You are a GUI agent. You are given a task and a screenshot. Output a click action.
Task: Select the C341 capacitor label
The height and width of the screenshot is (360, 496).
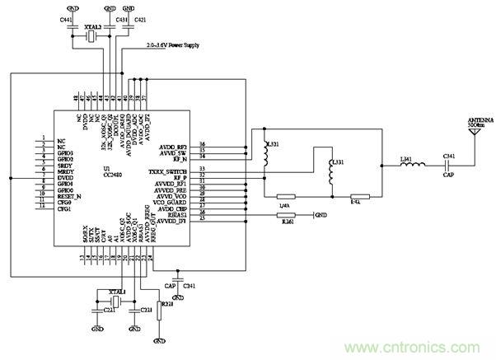pyautogui.click(x=449, y=157)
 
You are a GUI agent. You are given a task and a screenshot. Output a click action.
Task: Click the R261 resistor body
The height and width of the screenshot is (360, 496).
pyautogui.click(x=285, y=217)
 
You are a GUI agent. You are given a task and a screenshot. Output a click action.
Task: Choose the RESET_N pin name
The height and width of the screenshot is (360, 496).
pyautogui.click(x=71, y=197)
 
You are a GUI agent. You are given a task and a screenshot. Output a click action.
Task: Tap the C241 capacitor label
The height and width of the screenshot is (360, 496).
pyautogui.click(x=190, y=285)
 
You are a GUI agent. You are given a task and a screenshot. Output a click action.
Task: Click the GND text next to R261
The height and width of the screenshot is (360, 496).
pyautogui.click(x=322, y=217)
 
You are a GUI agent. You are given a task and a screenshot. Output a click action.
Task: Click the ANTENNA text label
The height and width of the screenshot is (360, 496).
pyautogui.click(x=481, y=120)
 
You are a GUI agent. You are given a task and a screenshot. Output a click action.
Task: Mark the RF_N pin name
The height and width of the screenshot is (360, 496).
pyautogui.click(x=180, y=158)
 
